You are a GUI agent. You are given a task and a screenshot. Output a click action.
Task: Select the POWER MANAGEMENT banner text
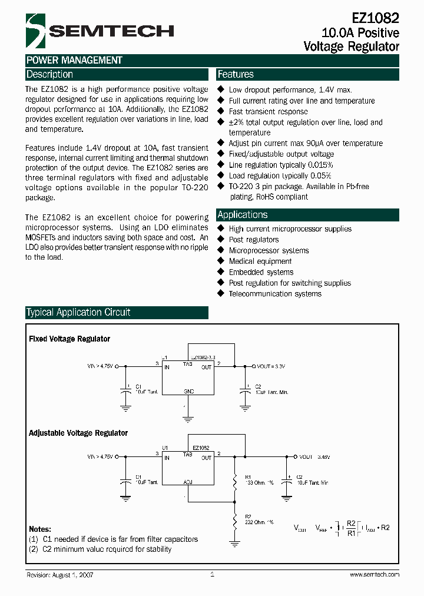pos(74,60)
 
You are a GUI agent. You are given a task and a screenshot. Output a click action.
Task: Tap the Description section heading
pos(50,75)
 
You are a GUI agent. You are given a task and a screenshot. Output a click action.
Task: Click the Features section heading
pos(236,75)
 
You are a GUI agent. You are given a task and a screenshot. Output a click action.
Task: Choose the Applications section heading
pos(243,215)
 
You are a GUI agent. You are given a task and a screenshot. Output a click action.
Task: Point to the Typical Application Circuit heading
pos(78,313)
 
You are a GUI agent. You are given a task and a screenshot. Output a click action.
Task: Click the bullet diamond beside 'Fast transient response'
pos(221,111)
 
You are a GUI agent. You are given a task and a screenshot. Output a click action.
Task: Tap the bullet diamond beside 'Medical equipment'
pos(221,261)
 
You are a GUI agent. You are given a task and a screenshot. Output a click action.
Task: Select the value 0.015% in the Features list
pos(319,165)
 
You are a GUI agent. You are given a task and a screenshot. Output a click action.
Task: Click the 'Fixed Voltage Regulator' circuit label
pos(69,339)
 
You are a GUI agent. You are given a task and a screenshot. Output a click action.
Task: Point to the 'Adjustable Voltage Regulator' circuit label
pos(78,433)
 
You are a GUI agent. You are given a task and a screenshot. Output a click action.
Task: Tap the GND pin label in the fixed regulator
pos(188,391)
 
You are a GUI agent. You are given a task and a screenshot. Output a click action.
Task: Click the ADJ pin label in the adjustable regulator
pos(188,482)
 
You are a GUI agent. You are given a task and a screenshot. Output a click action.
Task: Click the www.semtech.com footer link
pos(375,574)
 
